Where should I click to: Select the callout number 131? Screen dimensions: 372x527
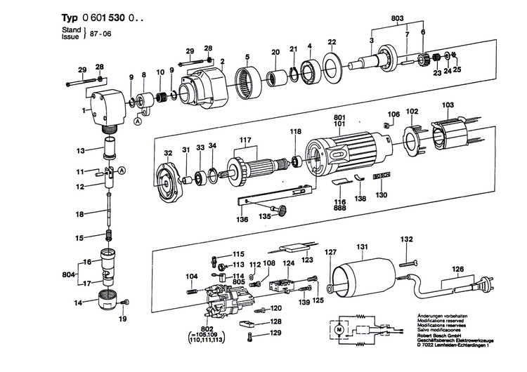[362, 247]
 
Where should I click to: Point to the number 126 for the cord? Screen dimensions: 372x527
[458, 269]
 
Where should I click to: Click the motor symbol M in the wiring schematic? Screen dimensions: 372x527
[337, 329]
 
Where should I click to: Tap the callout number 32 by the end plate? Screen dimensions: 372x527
[168, 152]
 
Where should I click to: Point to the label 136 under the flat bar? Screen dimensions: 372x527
[241, 219]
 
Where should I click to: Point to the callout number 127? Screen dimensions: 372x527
[330, 251]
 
